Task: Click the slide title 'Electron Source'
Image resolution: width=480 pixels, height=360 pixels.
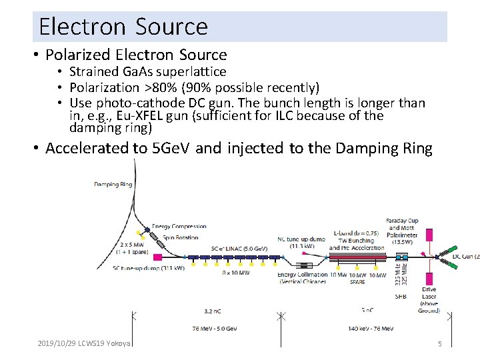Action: click(x=123, y=27)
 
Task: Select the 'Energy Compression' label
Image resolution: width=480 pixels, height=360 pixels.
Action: click(x=179, y=227)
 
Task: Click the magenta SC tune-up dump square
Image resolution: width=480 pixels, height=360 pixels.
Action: click(x=158, y=257)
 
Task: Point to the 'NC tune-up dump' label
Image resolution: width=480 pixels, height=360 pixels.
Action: click(x=301, y=237)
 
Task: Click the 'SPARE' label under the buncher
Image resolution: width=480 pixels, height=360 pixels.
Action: click(x=357, y=282)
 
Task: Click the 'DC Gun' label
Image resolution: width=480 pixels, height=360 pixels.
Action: click(x=465, y=256)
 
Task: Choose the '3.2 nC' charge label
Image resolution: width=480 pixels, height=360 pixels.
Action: click(x=213, y=311)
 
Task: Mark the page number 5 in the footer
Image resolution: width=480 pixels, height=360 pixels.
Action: click(x=439, y=344)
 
